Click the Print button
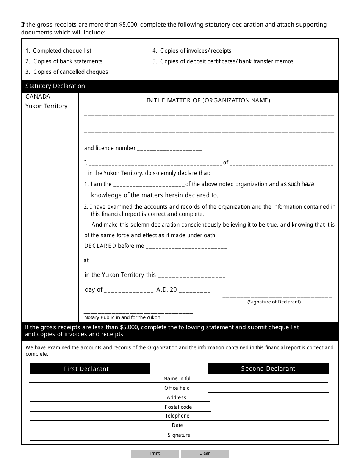click(155, 453)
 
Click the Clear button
click(205, 453)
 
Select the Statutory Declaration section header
click(55, 86)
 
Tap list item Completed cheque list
click(59, 51)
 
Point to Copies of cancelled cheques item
click(67, 72)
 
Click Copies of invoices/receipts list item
click(192, 51)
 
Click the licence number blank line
click(169, 149)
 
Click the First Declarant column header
click(86, 369)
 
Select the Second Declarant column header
click(268, 368)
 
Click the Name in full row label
click(178, 378)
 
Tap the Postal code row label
click(178, 407)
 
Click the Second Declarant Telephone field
click(268, 416)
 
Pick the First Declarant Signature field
click(90, 435)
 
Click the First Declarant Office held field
click(90, 388)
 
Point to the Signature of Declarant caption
click(274, 302)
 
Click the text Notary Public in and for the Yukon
click(122, 317)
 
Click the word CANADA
click(38, 97)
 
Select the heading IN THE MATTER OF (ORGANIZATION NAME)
click(208, 100)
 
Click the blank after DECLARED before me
click(186, 247)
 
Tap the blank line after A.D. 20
click(194, 291)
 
